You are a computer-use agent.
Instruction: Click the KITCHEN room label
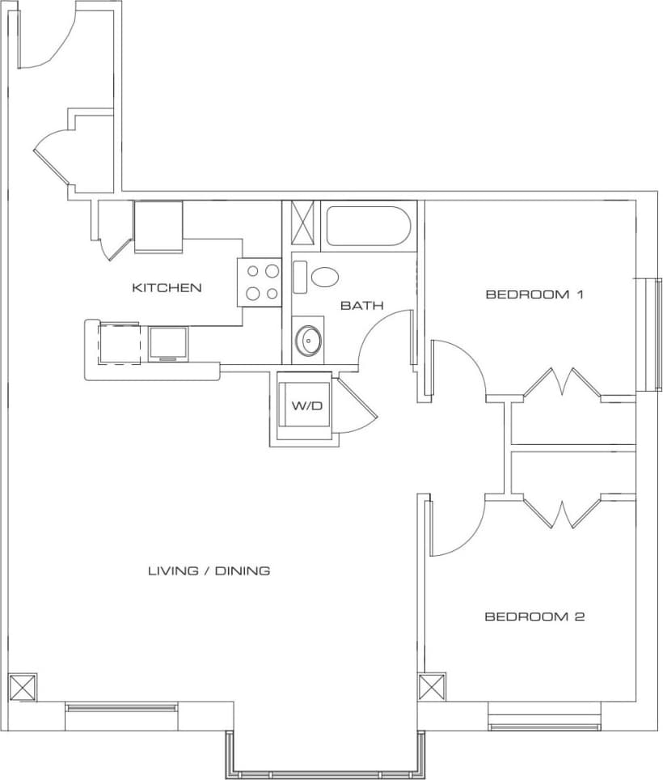point(167,287)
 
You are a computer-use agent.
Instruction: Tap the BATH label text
point(361,306)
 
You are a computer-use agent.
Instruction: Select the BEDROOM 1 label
point(534,295)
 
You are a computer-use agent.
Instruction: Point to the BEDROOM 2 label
point(534,617)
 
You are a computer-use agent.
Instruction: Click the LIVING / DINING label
point(209,570)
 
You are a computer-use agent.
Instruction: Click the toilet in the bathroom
point(326,278)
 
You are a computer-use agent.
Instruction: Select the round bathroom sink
point(307,340)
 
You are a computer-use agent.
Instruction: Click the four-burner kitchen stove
point(259,282)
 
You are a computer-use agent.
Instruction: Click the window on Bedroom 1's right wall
point(648,335)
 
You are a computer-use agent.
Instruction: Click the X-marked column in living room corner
point(23,687)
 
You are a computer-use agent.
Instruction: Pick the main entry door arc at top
point(49,40)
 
